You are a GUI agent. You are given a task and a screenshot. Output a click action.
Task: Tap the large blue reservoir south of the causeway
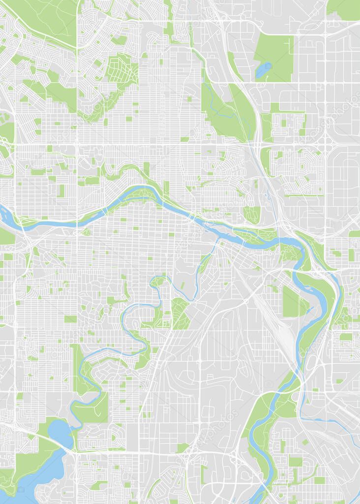point(34,480)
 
